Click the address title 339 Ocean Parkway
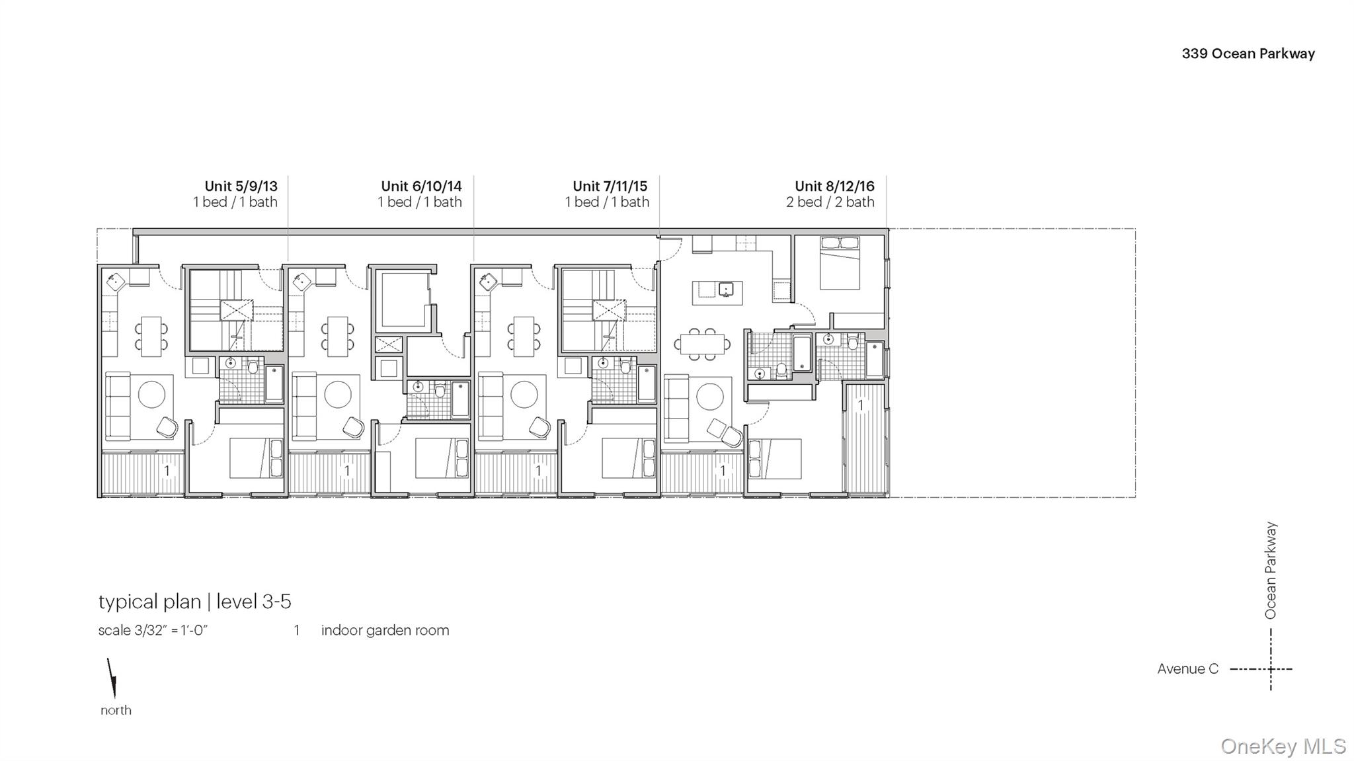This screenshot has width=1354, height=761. pos(1248,54)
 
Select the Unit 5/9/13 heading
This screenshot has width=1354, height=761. pos(241,186)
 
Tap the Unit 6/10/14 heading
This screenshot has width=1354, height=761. pos(421,186)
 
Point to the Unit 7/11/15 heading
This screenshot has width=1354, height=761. pos(610,186)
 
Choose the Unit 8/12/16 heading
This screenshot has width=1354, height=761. pos(834,186)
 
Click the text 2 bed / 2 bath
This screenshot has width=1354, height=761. pos(830,202)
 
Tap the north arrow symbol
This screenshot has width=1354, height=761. pos(112,678)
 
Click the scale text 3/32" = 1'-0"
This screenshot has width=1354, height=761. pos(153,631)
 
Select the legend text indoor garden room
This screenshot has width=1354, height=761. pos(385,631)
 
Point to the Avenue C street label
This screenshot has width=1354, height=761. pos(1187,669)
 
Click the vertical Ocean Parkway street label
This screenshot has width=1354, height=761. pos(1270,570)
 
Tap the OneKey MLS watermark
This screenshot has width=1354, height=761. pos(1283,746)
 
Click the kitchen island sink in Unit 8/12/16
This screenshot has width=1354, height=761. pos(725,290)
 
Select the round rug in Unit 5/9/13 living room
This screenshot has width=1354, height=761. pos(151,395)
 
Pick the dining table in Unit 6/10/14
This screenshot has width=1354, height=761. pos(338,336)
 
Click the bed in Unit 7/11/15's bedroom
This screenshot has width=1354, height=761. pos(628,458)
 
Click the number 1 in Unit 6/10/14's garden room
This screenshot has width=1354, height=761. pos(347,471)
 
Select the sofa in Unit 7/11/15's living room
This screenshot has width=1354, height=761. pos(490,406)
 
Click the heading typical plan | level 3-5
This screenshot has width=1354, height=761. pos(194,602)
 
